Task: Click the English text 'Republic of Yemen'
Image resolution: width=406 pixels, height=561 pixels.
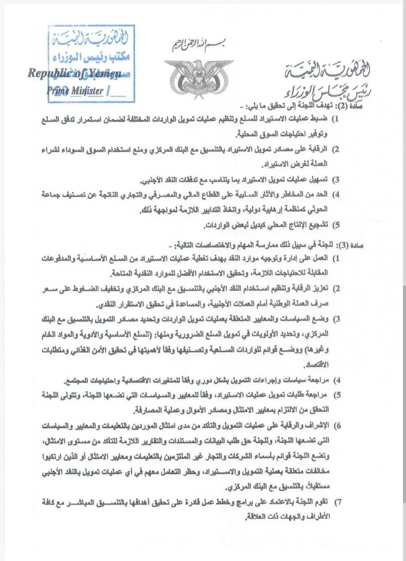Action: (75, 73)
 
